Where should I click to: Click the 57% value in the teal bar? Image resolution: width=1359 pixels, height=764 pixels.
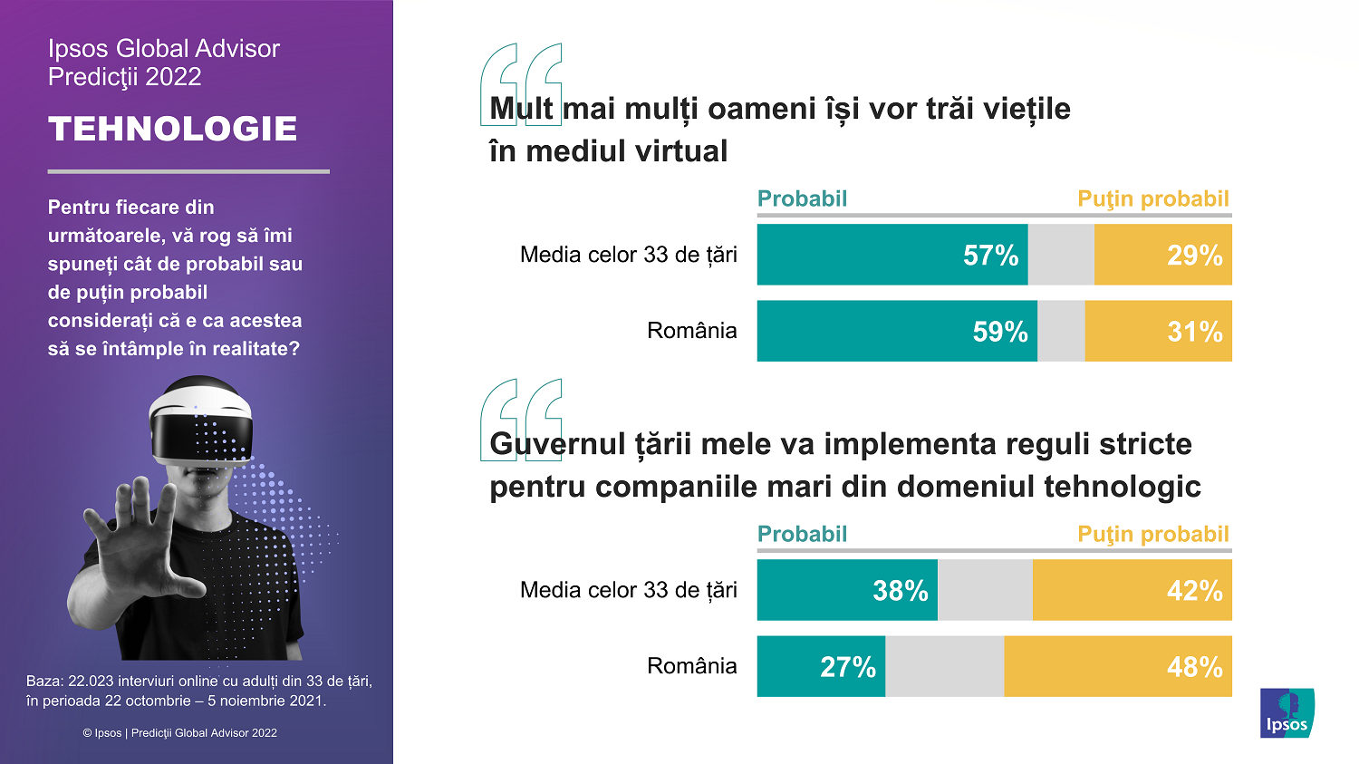[x=990, y=256]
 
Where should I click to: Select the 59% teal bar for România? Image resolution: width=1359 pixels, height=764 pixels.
[x=897, y=332]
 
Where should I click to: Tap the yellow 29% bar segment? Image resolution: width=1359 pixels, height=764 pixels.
[x=1163, y=256]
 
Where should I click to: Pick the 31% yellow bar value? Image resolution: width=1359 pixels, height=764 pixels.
[x=1194, y=332]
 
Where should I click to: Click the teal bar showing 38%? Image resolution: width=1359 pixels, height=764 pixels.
[x=847, y=591]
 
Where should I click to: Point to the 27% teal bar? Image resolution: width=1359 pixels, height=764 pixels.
[x=821, y=667]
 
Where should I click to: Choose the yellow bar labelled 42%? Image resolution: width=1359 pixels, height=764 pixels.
[x=1132, y=591]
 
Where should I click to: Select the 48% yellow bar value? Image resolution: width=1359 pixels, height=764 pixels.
[x=1194, y=667]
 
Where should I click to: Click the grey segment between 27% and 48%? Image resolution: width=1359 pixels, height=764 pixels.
[x=944, y=667]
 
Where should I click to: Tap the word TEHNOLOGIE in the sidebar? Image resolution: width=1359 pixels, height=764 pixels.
[x=173, y=129]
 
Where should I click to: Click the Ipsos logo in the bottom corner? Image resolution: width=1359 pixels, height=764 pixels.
[x=1287, y=713]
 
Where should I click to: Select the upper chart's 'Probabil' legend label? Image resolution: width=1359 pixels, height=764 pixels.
[x=802, y=199]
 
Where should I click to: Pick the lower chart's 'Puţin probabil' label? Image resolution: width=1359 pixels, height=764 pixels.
[x=1152, y=535]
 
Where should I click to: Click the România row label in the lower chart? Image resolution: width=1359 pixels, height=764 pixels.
[x=691, y=666]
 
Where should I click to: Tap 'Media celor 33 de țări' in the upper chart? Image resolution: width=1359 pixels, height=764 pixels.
[x=628, y=255]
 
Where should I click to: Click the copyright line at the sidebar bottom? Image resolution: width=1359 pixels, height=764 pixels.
[x=179, y=733]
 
